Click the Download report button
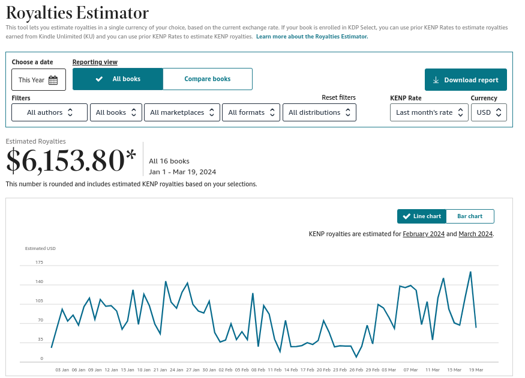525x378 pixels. (466, 80)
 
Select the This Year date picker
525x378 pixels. (38, 80)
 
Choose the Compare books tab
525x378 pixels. (207, 79)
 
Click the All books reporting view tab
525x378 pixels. (118, 79)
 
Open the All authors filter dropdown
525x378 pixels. (50, 112)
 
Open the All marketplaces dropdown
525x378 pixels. (182, 112)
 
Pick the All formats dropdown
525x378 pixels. (251, 112)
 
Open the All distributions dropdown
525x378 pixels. (319, 112)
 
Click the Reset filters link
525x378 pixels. (338, 97)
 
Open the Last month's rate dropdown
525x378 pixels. (429, 112)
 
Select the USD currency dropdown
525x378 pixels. (488, 112)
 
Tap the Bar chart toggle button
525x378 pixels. (470, 216)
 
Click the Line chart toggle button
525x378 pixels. (422, 216)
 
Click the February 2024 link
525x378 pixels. (424, 234)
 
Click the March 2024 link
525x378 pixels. (475, 234)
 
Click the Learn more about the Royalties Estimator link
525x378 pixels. (311, 37)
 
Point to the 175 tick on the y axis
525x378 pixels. (40, 263)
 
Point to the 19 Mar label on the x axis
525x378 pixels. (475, 370)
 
